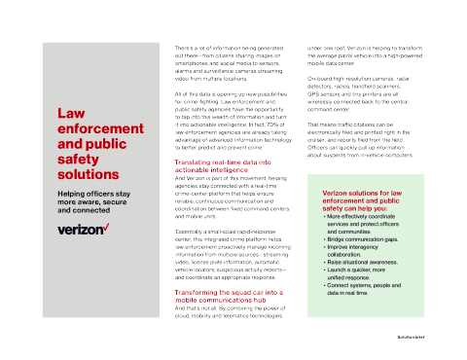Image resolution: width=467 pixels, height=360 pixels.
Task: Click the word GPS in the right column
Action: [x=315, y=91]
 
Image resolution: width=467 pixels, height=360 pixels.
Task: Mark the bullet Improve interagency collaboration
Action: [x=365, y=250]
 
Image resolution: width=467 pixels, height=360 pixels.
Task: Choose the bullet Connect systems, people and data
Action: [x=371, y=288]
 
